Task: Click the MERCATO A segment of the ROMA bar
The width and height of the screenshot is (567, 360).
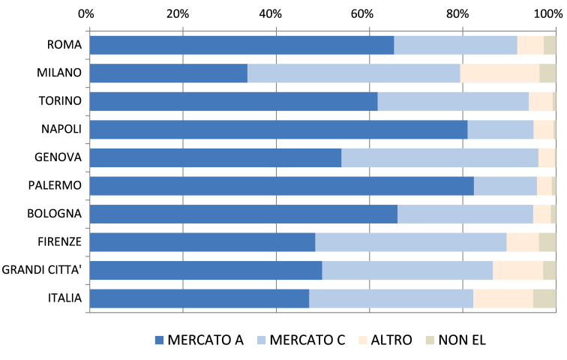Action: pyautogui.click(x=241, y=45)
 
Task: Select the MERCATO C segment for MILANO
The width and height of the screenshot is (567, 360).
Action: pyautogui.click(x=353, y=73)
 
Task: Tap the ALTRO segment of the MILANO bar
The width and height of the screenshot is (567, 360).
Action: pyautogui.click(x=499, y=73)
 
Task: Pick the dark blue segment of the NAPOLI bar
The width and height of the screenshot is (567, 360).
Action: pyautogui.click(x=278, y=129)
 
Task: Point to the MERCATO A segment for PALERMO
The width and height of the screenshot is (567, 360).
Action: pyautogui.click(x=281, y=186)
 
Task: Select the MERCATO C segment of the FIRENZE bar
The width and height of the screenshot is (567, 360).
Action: pyautogui.click(x=410, y=242)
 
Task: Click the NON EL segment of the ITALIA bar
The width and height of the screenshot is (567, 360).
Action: pyautogui.click(x=544, y=298)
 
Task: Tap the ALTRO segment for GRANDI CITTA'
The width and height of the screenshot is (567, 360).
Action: pyautogui.click(x=517, y=270)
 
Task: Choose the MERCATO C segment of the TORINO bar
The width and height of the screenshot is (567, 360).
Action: pyautogui.click(x=453, y=101)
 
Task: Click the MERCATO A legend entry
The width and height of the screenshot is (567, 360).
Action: pyautogui.click(x=199, y=340)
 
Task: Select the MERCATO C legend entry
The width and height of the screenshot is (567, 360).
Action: pyautogui.click(x=300, y=340)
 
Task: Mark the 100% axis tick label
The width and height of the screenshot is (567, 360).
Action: pyautogui.click(x=551, y=14)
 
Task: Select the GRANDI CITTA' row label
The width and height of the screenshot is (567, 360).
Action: pyautogui.click(x=42, y=270)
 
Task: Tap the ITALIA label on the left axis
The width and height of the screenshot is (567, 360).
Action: pyautogui.click(x=64, y=298)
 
